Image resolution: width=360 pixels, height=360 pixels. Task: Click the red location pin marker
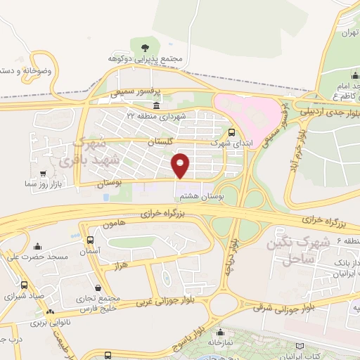[181, 165]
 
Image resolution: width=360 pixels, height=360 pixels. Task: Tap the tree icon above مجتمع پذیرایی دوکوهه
[144, 47]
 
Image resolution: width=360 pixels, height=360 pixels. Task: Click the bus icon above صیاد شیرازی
[25, 285]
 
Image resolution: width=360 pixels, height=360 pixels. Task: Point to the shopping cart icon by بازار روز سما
[44, 173]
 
